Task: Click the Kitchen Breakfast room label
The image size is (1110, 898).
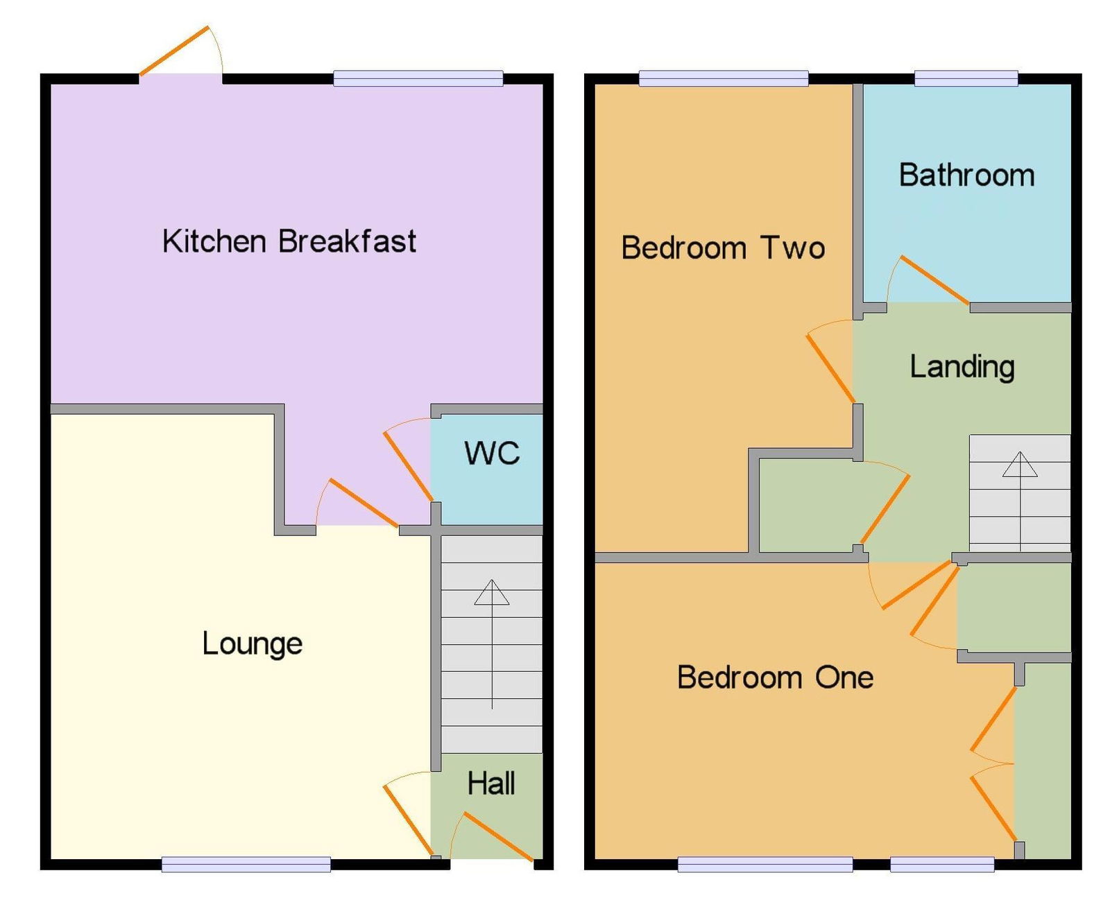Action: pyautogui.click(x=289, y=241)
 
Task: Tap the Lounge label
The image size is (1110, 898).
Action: pyautogui.click(x=253, y=644)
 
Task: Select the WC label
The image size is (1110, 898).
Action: pyautogui.click(x=491, y=454)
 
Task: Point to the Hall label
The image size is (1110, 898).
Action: pyautogui.click(x=491, y=784)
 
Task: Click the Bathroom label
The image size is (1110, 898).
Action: pyautogui.click(x=966, y=175)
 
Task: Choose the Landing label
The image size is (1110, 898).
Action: pyautogui.click(x=962, y=368)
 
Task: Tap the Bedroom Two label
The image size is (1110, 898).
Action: pyautogui.click(x=723, y=248)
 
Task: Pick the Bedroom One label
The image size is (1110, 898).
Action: pyautogui.click(x=775, y=677)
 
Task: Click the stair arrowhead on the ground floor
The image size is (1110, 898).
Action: pyautogui.click(x=491, y=592)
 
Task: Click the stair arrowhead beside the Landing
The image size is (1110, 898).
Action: pyautogui.click(x=1019, y=464)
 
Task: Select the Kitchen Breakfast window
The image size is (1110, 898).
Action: pyautogui.click(x=418, y=78)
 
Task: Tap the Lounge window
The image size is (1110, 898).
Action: pyautogui.click(x=246, y=864)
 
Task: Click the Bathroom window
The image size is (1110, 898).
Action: pyautogui.click(x=966, y=78)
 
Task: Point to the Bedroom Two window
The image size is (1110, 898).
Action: pyautogui.click(x=724, y=78)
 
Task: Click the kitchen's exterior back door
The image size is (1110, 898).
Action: pyautogui.click(x=174, y=51)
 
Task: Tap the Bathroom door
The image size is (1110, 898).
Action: pyautogui.click(x=935, y=279)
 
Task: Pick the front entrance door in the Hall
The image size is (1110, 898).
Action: pyautogui.click(x=498, y=836)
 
